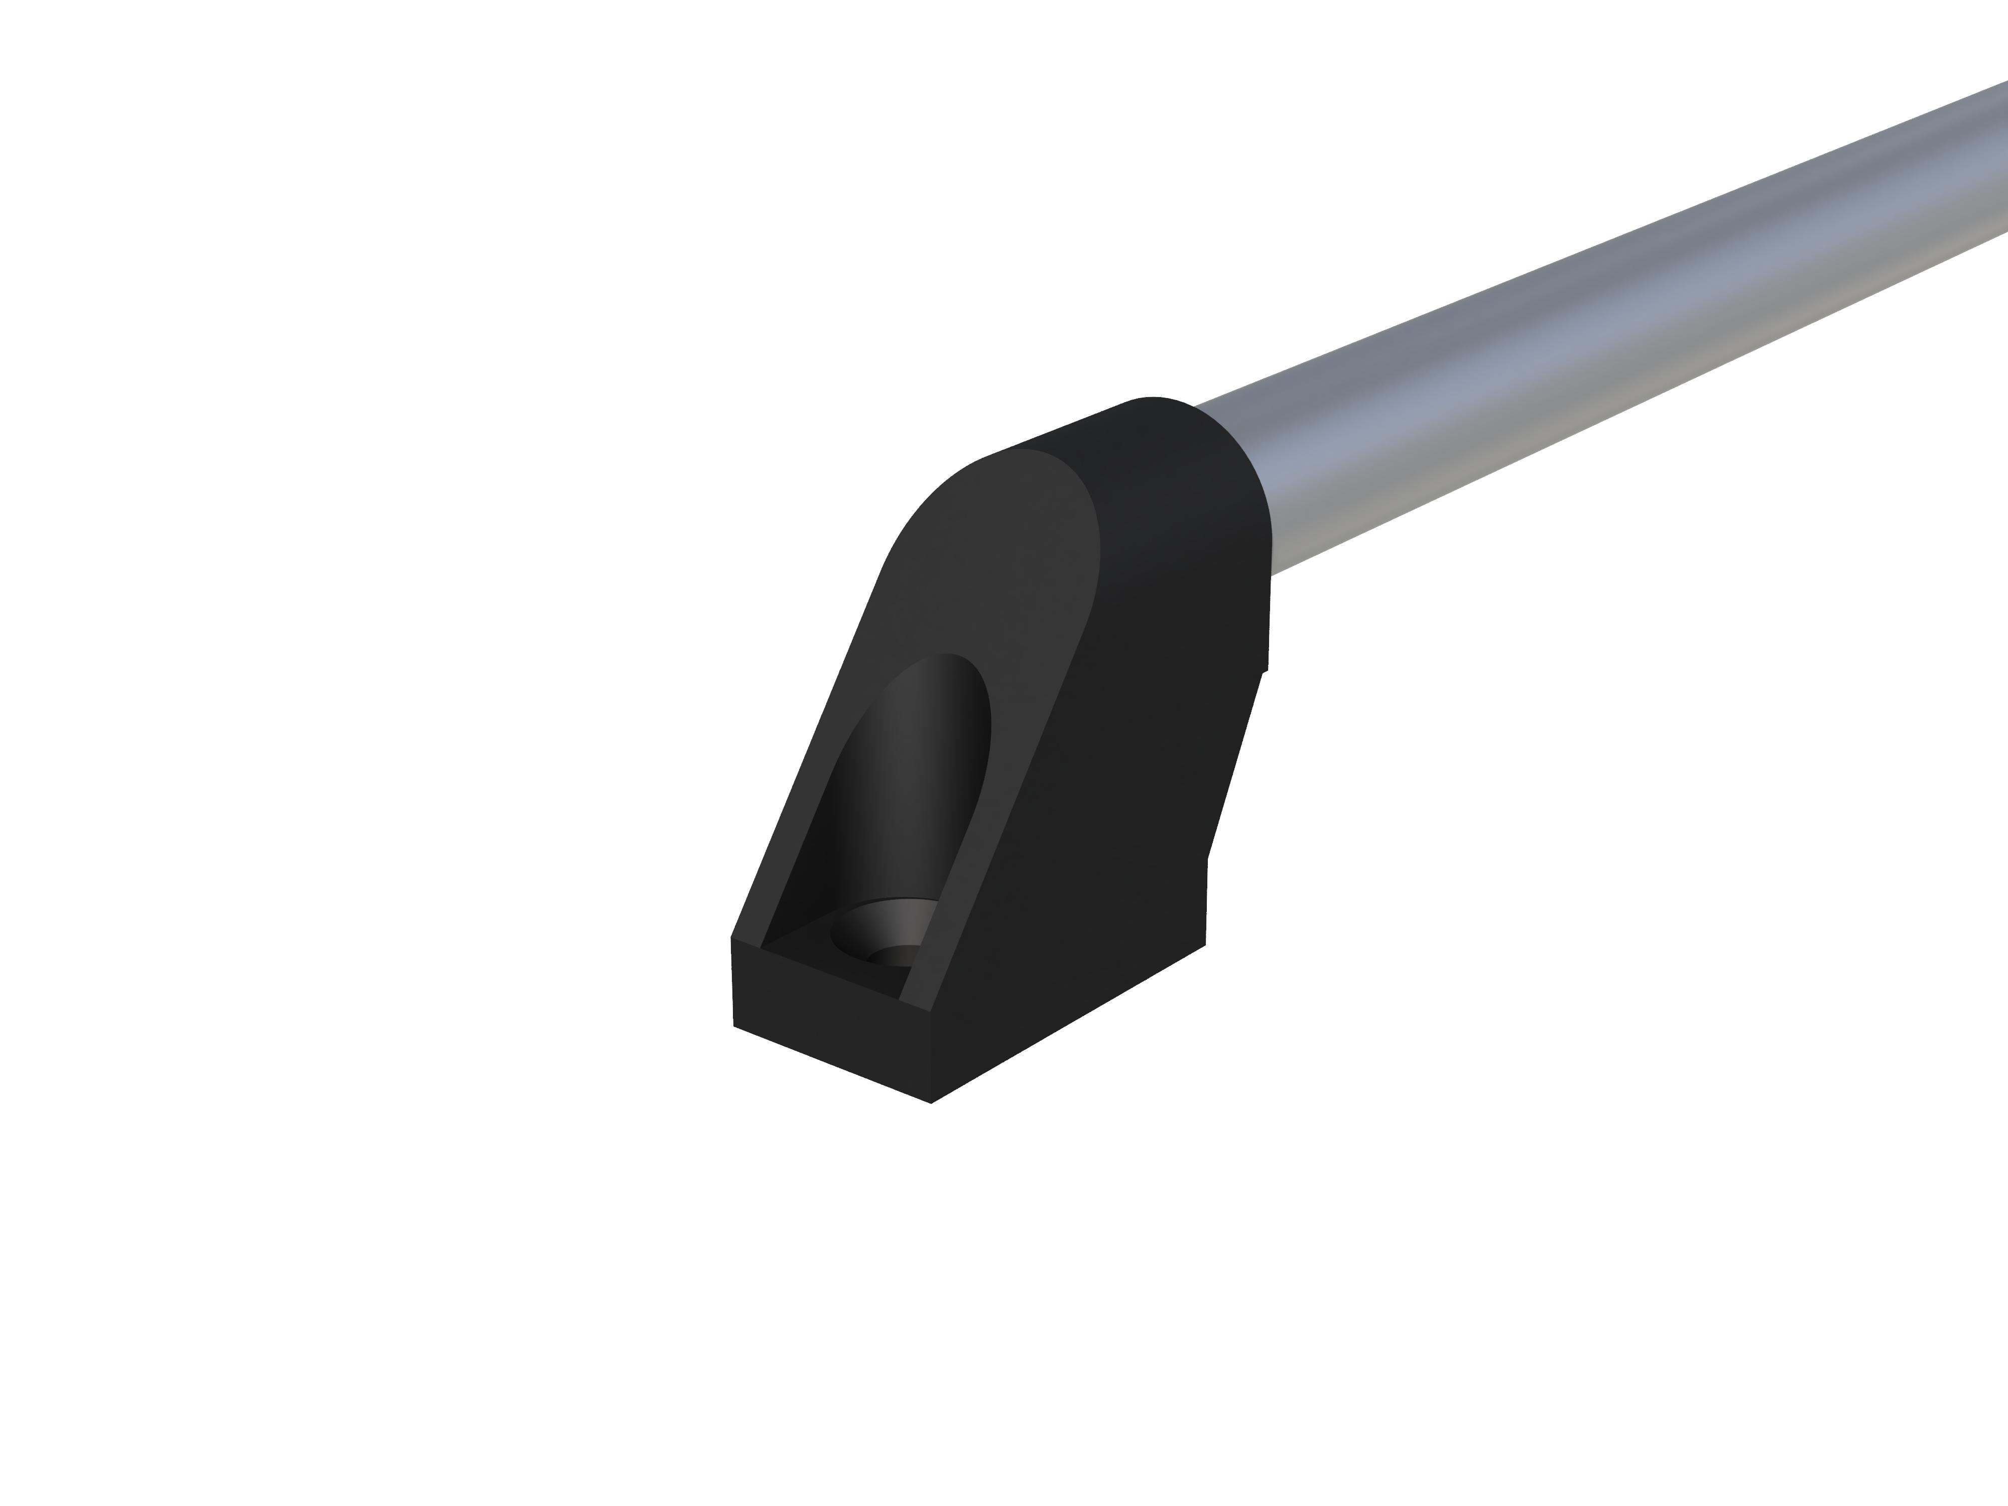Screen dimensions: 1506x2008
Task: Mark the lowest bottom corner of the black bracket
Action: [931, 1102]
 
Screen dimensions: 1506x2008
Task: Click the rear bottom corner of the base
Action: [1205, 945]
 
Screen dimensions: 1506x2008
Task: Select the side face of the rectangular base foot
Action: [1071, 1017]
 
